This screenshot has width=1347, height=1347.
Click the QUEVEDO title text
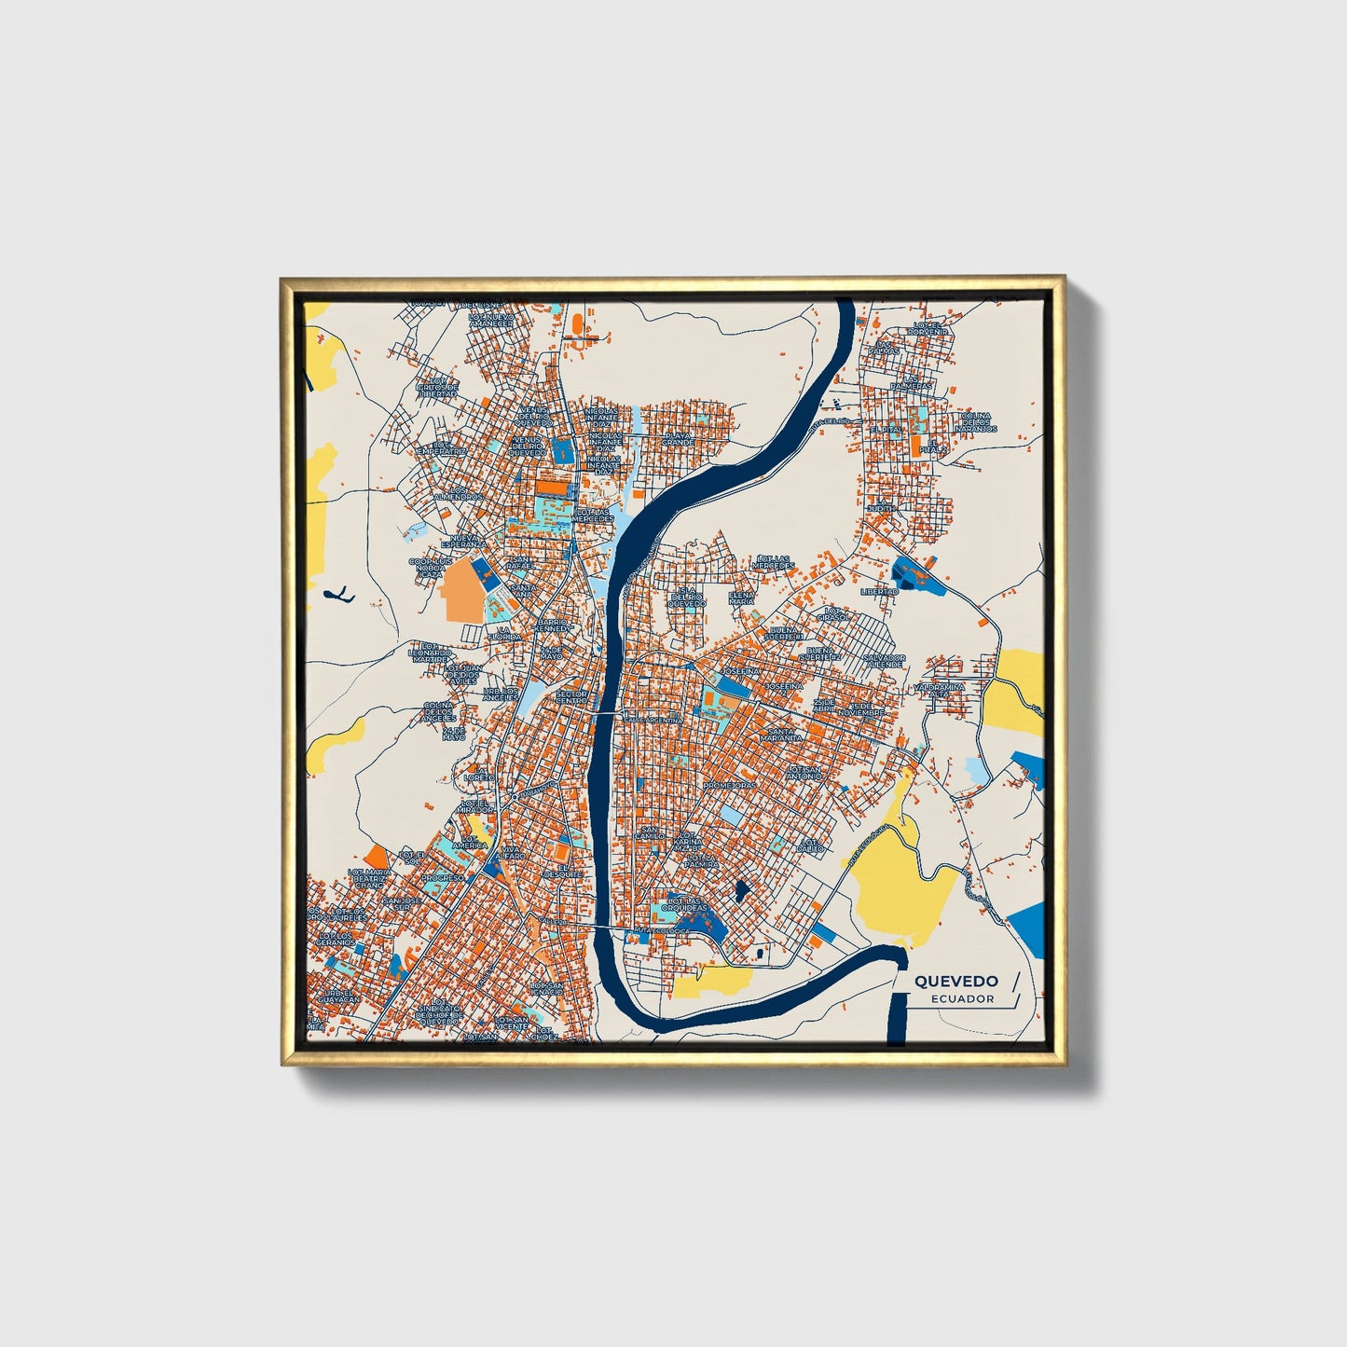[955, 981]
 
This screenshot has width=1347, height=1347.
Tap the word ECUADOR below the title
[962, 998]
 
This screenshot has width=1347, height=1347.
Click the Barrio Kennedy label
[552, 624]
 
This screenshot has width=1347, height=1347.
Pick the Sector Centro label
[571, 694]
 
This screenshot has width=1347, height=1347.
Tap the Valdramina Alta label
[943, 690]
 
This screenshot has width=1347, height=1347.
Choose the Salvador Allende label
[884, 660]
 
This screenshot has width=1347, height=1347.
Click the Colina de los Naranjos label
[975, 421]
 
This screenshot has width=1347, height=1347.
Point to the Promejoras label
[730, 785]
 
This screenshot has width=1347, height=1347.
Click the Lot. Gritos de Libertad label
[437, 387]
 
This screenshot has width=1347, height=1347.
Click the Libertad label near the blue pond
[879, 591]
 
